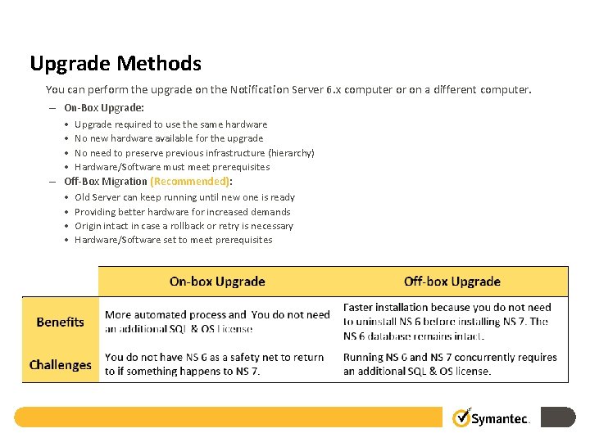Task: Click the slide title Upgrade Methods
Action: click(116, 63)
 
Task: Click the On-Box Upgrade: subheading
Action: click(104, 107)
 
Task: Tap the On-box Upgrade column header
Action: click(217, 282)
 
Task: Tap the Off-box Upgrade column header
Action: click(452, 282)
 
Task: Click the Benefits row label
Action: click(60, 322)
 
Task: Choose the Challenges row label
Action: click(60, 364)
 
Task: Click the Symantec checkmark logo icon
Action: click(461, 417)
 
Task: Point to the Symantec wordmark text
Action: click(501, 419)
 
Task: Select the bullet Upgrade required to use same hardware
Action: click(170, 124)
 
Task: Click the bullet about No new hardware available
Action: click(169, 138)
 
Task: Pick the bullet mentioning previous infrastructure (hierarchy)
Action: click(194, 153)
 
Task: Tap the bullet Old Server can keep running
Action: click(184, 197)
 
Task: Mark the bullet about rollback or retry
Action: click(184, 226)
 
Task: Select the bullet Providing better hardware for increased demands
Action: click(182, 212)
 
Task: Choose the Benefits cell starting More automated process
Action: click(217, 322)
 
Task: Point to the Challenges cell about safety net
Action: click(215, 364)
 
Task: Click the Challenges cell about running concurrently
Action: click(450, 364)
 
